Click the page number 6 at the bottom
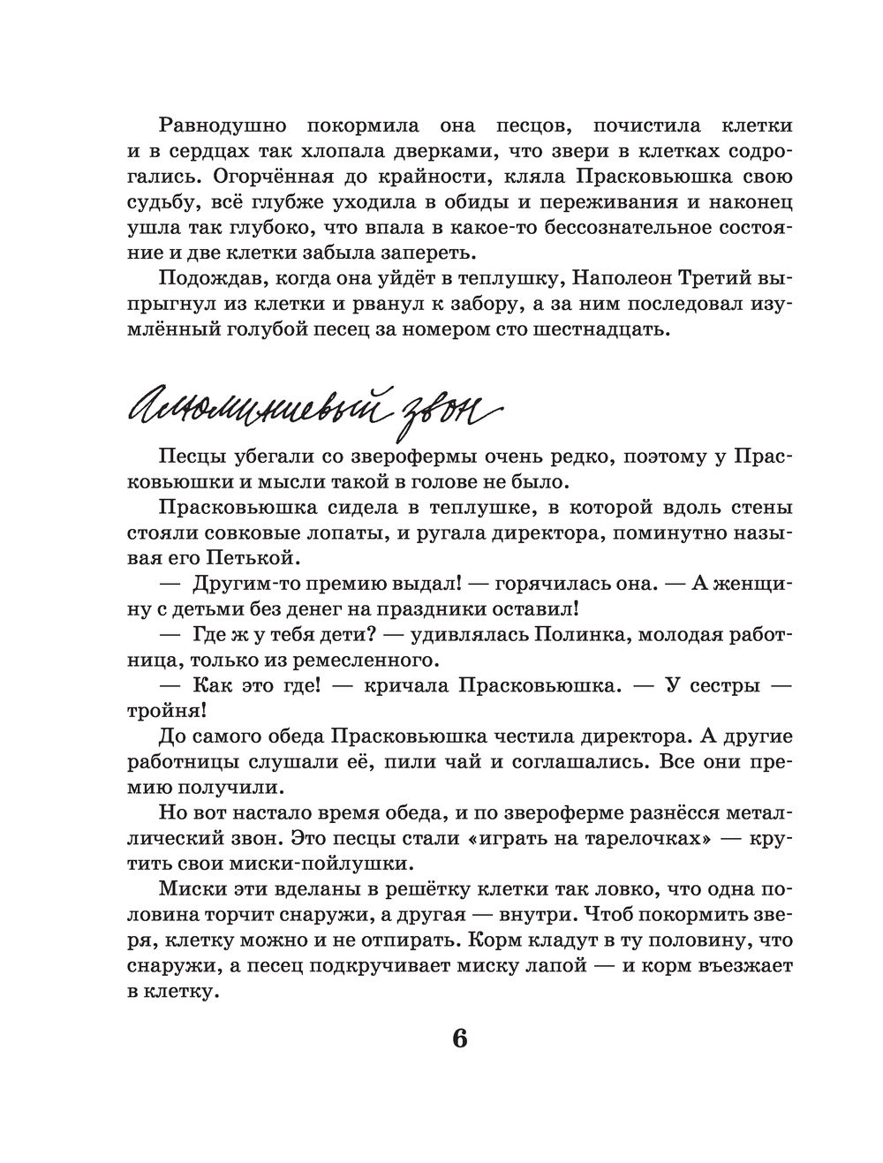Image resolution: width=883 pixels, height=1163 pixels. [x=458, y=1038]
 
